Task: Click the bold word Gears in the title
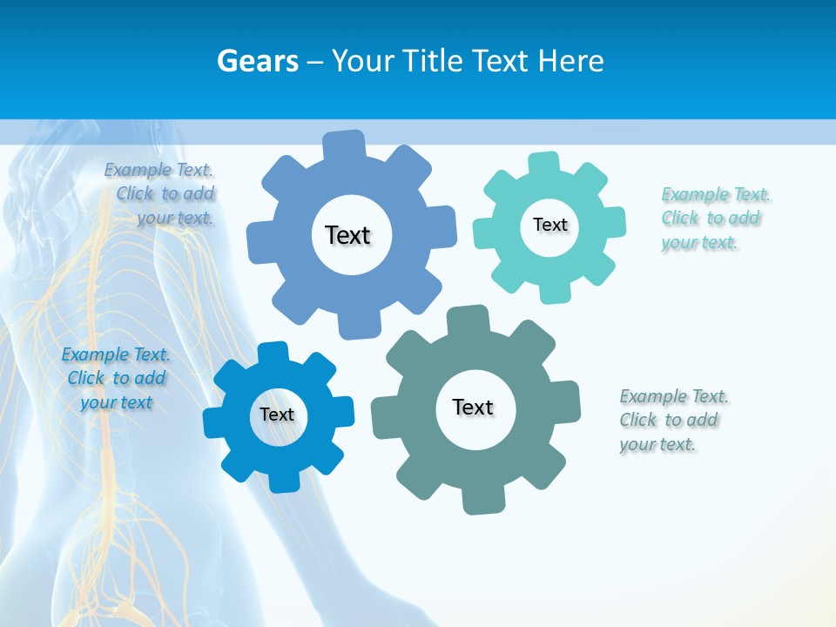click(x=258, y=61)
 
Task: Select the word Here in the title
click(x=571, y=61)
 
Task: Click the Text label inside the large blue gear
click(x=347, y=235)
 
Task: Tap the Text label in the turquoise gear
click(x=549, y=225)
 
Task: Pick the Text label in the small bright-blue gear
click(x=276, y=415)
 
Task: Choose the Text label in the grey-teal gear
click(x=473, y=407)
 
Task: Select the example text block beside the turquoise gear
click(x=711, y=218)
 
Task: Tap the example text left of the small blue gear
click(x=116, y=378)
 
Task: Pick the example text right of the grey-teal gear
click(x=672, y=420)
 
